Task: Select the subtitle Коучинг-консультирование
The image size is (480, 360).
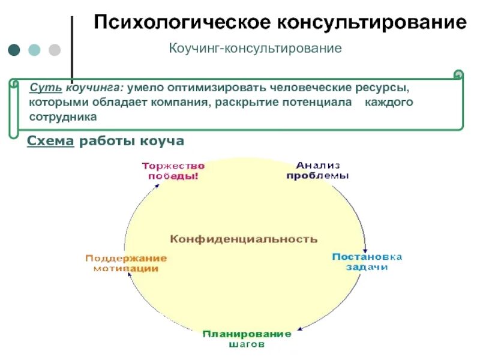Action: pyautogui.click(x=255, y=47)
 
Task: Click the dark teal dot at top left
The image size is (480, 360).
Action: pyautogui.click(x=14, y=50)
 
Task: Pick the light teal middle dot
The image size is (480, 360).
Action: pyautogui.click(x=34, y=50)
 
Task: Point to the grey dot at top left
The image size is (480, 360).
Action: pyautogui.click(x=54, y=50)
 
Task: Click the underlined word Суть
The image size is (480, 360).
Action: pyautogui.click(x=41, y=88)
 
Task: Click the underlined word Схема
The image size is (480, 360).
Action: pyautogui.click(x=51, y=142)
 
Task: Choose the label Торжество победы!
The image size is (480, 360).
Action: pyautogui.click(x=173, y=171)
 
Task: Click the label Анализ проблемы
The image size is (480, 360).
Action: pyautogui.click(x=317, y=170)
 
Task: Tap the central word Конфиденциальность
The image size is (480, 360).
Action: pyautogui.click(x=244, y=239)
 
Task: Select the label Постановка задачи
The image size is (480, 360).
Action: pyautogui.click(x=367, y=262)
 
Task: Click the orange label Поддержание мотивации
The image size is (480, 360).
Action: pyautogui.click(x=125, y=263)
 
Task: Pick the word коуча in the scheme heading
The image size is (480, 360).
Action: pyautogui.click(x=161, y=142)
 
